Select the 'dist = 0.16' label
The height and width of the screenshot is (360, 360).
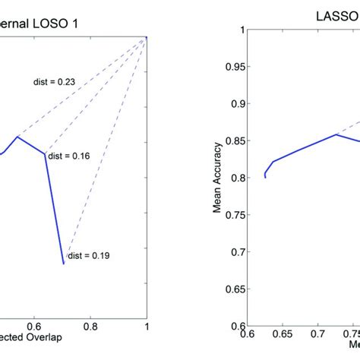pos(68,156)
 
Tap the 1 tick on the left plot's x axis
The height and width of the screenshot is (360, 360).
pos(147,324)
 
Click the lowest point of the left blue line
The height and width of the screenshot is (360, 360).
pos(64,264)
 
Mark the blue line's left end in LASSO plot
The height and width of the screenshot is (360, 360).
pos(265,177)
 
